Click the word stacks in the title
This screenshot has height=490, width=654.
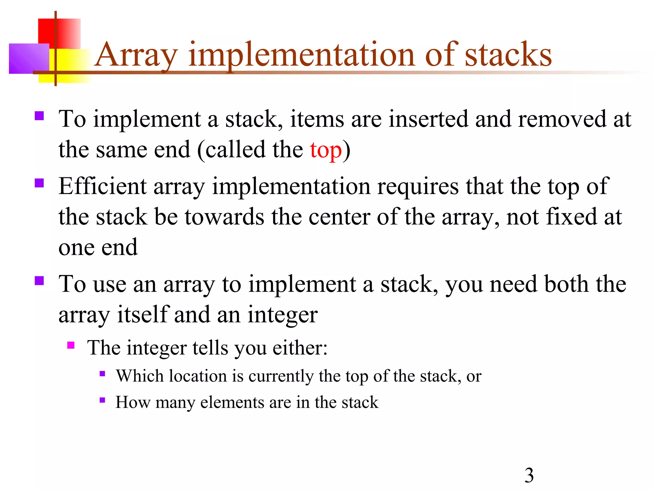click(x=508, y=55)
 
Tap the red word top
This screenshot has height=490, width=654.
click(x=325, y=150)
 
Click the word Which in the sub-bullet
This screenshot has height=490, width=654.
click(x=140, y=376)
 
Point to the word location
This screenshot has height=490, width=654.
click(x=198, y=376)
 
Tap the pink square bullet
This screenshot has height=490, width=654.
click(x=71, y=345)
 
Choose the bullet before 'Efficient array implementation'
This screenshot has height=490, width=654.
click(x=39, y=183)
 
